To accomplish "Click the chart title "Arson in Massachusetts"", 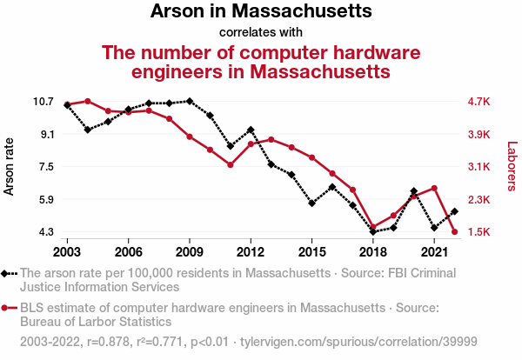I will coord(261,12).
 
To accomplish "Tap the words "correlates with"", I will coord(261,33).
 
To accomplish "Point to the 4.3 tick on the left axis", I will coord(43,232).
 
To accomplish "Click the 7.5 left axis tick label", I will coord(43,167).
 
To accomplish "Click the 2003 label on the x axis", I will coord(67,251).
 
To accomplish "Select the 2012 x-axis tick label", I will coord(251,251).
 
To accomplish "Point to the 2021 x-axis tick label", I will coord(434,251).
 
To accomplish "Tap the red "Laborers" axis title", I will coord(512,167).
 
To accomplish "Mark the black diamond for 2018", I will coord(373,232).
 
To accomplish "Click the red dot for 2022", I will coord(455,231).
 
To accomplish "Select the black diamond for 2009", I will coord(190,101).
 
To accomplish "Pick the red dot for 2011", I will coord(231,164).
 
